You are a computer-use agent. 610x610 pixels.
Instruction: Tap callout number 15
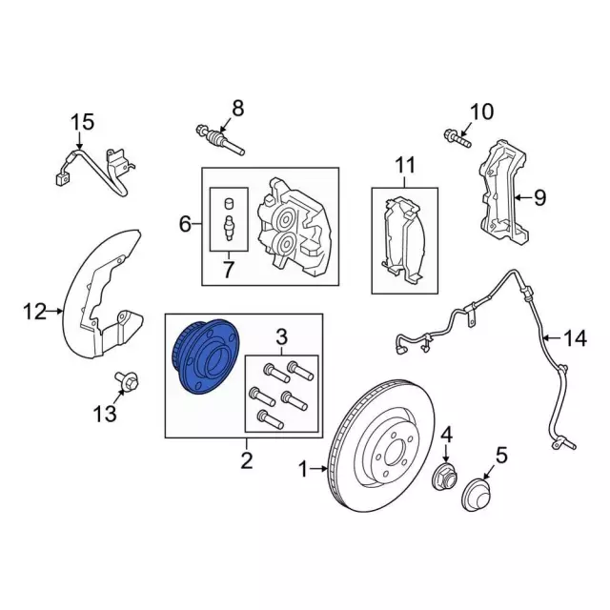coord(83,122)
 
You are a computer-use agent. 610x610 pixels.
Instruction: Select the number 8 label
coord(237,107)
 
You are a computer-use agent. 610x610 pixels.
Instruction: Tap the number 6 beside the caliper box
coord(185,225)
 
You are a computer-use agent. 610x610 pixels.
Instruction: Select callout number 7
coord(228,271)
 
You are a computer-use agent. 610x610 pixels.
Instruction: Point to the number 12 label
coord(34,311)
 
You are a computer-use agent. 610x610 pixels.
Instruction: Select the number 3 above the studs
coord(281,335)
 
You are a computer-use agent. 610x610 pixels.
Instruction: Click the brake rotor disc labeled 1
coord(381,449)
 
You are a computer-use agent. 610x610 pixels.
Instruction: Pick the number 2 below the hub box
coord(246,462)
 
